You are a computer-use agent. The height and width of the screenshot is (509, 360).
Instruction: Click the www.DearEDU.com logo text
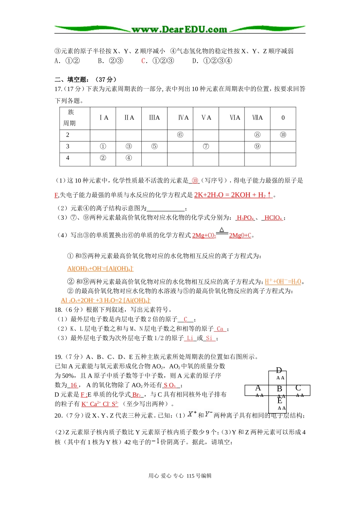(x=179, y=30)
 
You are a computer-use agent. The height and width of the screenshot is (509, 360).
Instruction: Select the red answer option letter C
(x=143, y=61)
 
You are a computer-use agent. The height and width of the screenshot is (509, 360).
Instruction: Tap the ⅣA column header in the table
(x=183, y=118)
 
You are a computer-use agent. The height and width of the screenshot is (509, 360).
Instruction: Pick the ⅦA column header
(x=257, y=118)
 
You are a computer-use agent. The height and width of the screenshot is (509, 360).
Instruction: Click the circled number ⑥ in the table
(x=180, y=135)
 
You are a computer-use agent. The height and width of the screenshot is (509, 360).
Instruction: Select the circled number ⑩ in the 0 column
(x=283, y=135)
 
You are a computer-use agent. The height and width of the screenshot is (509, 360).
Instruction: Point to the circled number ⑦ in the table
(x=206, y=146)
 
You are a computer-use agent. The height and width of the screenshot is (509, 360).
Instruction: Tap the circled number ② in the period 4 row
(x=103, y=158)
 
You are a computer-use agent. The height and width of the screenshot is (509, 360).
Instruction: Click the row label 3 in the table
(x=68, y=146)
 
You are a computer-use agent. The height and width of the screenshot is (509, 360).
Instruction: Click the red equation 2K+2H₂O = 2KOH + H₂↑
(x=233, y=195)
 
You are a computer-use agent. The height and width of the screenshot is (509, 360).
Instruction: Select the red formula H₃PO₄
(x=245, y=218)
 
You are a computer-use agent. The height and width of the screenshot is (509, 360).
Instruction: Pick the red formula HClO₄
(x=273, y=218)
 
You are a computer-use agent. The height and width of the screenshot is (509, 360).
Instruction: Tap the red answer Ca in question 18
(x=220, y=329)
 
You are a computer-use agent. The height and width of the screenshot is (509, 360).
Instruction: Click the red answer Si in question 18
(x=209, y=338)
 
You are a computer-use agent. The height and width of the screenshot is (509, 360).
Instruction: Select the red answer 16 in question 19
(x=74, y=385)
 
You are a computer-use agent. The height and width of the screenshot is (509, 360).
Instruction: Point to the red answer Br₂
(x=137, y=395)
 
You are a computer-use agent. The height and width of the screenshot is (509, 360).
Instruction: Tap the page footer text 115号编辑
(x=199, y=476)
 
